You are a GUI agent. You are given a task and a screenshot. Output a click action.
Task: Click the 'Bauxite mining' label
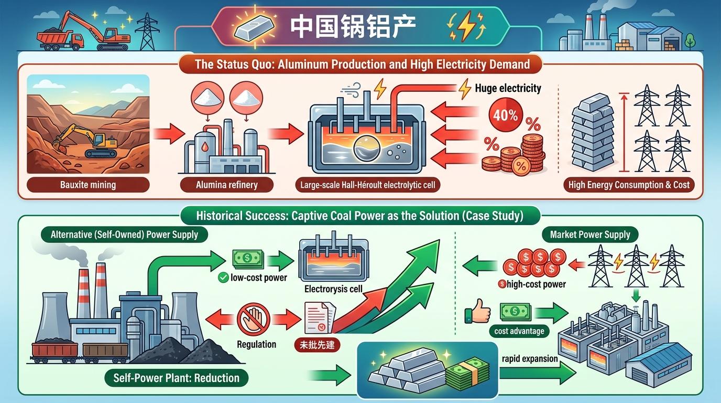pyautogui.click(x=88, y=185)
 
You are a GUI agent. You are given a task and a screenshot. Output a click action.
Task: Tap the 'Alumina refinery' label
pyautogui.click(x=227, y=185)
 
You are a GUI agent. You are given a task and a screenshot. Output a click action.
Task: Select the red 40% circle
pyautogui.click(x=505, y=115)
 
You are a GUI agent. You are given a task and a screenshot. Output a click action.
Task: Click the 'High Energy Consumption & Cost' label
pyautogui.click(x=629, y=185)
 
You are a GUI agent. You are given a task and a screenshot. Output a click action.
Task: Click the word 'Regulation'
pyautogui.click(x=256, y=344)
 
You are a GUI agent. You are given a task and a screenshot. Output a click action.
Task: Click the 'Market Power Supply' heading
pyautogui.click(x=590, y=235)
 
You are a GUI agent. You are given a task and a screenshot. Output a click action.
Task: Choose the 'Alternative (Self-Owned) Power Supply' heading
pyautogui.click(x=124, y=235)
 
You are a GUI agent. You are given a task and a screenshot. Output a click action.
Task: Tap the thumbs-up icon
pyautogui.click(x=477, y=312)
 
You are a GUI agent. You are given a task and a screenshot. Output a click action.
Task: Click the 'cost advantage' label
pyautogui.click(x=519, y=331)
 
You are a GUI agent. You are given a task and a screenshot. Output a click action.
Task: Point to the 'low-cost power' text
pyautogui.click(x=258, y=277)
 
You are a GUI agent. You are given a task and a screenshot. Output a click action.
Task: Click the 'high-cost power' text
pyautogui.click(x=535, y=284)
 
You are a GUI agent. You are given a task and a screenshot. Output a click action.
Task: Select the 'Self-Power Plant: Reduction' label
pyautogui.click(x=176, y=378)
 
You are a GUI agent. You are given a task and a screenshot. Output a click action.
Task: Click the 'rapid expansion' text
pyautogui.click(x=529, y=359)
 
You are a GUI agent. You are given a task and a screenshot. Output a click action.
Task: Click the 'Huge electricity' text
pyautogui.click(x=507, y=88)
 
